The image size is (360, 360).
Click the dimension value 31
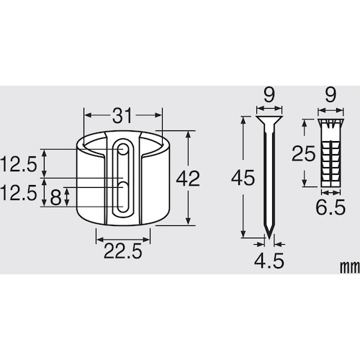[x=122, y=115]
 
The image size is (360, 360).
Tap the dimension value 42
[x=188, y=179]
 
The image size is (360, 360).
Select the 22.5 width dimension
[x=122, y=251]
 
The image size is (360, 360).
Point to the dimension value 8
[x=55, y=197]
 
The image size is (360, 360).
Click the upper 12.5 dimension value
[x=19, y=164]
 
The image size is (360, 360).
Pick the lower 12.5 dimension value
[x=19, y=193]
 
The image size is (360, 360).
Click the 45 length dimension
[x=243, y=177]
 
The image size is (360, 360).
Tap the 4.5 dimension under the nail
[x=269, y=261]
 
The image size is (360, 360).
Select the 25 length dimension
[x=303, y=153]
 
